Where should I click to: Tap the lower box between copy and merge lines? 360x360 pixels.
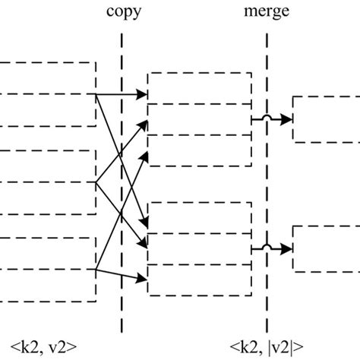(199, 247)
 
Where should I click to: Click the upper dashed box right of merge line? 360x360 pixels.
(327, 119)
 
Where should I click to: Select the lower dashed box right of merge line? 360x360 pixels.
(327, 248)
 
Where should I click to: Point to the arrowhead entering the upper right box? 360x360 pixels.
(289, 119)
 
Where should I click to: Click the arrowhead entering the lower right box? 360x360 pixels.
(289, 248)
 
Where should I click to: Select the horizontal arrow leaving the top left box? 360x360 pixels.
(122, 95)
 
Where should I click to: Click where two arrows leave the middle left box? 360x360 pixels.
(96, 182)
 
